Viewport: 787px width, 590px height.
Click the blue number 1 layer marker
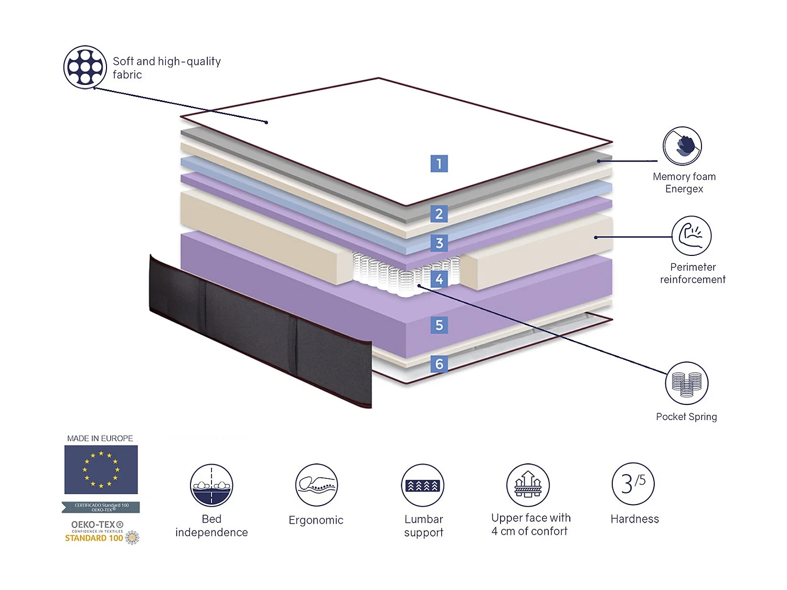point(439,164)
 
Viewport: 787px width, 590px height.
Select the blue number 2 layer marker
point(439,214)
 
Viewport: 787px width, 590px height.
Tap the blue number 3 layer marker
point(439,243)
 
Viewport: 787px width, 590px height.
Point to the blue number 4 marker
point(439,279)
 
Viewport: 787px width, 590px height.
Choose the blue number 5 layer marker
point(439,325)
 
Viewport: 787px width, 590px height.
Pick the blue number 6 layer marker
point(439,364)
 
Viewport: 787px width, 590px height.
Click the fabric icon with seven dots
point(85,67)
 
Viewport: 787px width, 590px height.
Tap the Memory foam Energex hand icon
point(682,146)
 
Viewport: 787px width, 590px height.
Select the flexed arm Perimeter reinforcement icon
point(692,235)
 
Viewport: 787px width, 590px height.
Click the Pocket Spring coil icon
point(687,383)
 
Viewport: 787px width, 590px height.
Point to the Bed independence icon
point(211,485)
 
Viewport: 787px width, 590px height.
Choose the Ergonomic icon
point(316,485)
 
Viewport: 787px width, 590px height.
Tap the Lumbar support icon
point(423,485)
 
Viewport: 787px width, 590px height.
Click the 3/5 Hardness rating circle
point(633,484)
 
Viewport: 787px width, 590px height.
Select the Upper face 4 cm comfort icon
point(528,485)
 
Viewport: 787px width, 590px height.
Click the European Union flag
point(101,469)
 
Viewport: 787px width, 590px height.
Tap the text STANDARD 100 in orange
point(94,538)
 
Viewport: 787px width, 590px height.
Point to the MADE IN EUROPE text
point(100,438)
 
